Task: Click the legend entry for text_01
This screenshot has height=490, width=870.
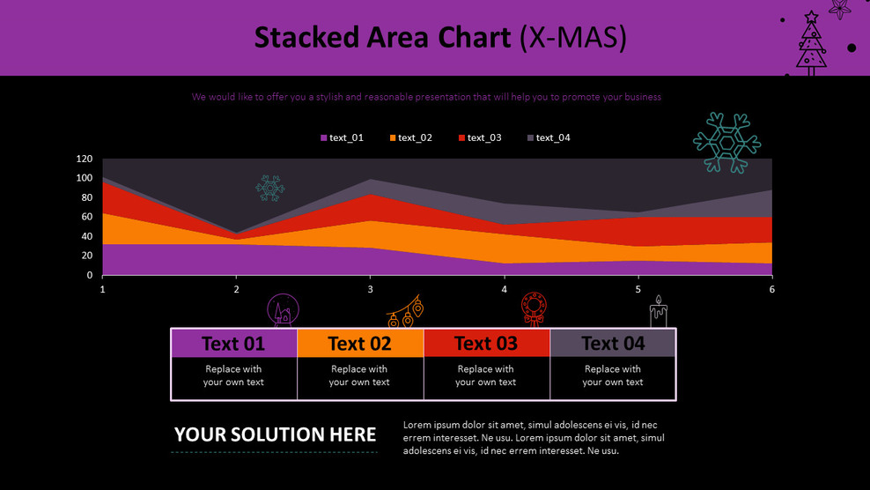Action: [342, 137]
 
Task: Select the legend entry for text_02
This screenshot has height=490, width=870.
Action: [410, 137]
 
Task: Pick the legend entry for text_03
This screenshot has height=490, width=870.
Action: [480, 137]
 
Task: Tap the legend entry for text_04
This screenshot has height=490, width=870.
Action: [549, 137]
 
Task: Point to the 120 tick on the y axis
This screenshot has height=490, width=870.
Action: [85, 160]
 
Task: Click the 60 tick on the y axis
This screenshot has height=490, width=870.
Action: [87, 218]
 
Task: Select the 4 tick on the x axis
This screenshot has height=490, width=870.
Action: [504, 289]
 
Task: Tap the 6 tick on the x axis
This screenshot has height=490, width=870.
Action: [771, 289]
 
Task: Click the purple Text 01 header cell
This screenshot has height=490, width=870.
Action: [233, 343]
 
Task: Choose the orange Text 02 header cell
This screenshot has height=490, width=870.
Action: [360, 343]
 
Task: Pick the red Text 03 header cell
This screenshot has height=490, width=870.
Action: [486, 343]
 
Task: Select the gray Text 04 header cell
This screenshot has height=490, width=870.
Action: [613, 343]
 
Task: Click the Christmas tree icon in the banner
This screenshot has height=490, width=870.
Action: [811, 42]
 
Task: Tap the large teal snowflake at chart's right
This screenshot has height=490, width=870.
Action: [726, 142]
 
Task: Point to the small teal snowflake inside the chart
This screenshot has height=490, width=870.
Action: [270, 188]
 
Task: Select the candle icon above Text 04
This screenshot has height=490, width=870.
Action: [659, 312]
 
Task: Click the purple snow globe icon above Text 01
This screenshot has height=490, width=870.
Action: [283, 311]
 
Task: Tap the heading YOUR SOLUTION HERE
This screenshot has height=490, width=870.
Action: [275, 434]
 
